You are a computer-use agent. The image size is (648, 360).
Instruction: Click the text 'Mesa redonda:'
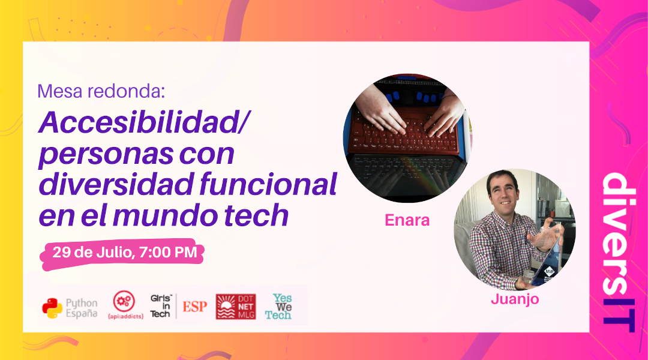(x=100, y=92)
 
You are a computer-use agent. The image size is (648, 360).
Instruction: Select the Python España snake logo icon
(x=52, y=308)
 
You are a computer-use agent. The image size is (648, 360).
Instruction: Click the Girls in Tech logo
(x=160, y=306)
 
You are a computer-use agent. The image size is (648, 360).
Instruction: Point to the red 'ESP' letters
(x=194, y=307)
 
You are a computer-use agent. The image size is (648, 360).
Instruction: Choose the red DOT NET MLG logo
(x=235, y=307)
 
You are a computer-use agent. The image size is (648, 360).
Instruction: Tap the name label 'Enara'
(x=407, y=220)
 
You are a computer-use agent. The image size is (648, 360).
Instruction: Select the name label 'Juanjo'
(x=514, y=299)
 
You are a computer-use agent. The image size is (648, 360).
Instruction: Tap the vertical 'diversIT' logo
(x=617, y=252)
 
